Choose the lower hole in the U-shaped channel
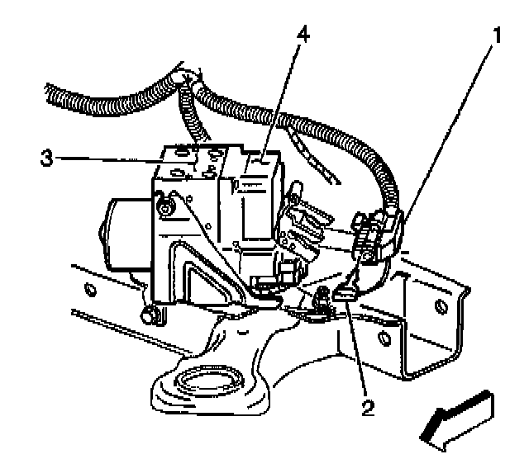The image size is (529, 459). pyautogui.click(x=384, y=338)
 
